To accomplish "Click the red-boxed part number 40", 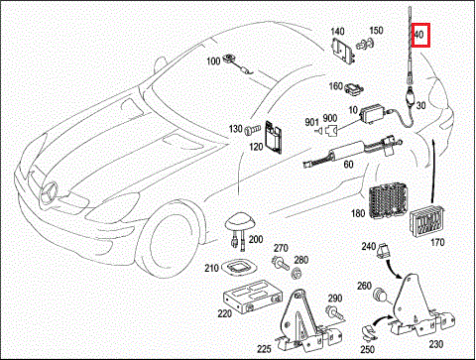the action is click(x=418, y=34).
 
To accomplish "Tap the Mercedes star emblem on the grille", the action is click(x=49, y=192).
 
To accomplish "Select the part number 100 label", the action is click(x=213, y=61).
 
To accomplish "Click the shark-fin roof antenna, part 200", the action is click(x=240, y=223).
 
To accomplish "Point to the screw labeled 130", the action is click(x=252, y=130).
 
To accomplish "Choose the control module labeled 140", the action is click(x=343, y=51).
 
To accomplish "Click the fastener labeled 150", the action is click(x=365, y=44).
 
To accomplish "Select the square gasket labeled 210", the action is click(x=239, y=267).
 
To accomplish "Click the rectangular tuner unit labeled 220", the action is click(x=253, y=296).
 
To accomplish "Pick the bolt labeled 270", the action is click(x=280, y=263).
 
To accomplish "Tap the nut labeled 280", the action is click(x=297, y=274).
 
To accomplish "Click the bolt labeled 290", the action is click(x=334, y=312).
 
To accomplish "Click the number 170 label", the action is click(x=437, y=242).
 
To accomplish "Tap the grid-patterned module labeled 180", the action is click(x=388, y=202).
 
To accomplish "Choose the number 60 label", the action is click(x=348, y=165).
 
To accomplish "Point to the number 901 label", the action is click(x=311, y=122).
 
